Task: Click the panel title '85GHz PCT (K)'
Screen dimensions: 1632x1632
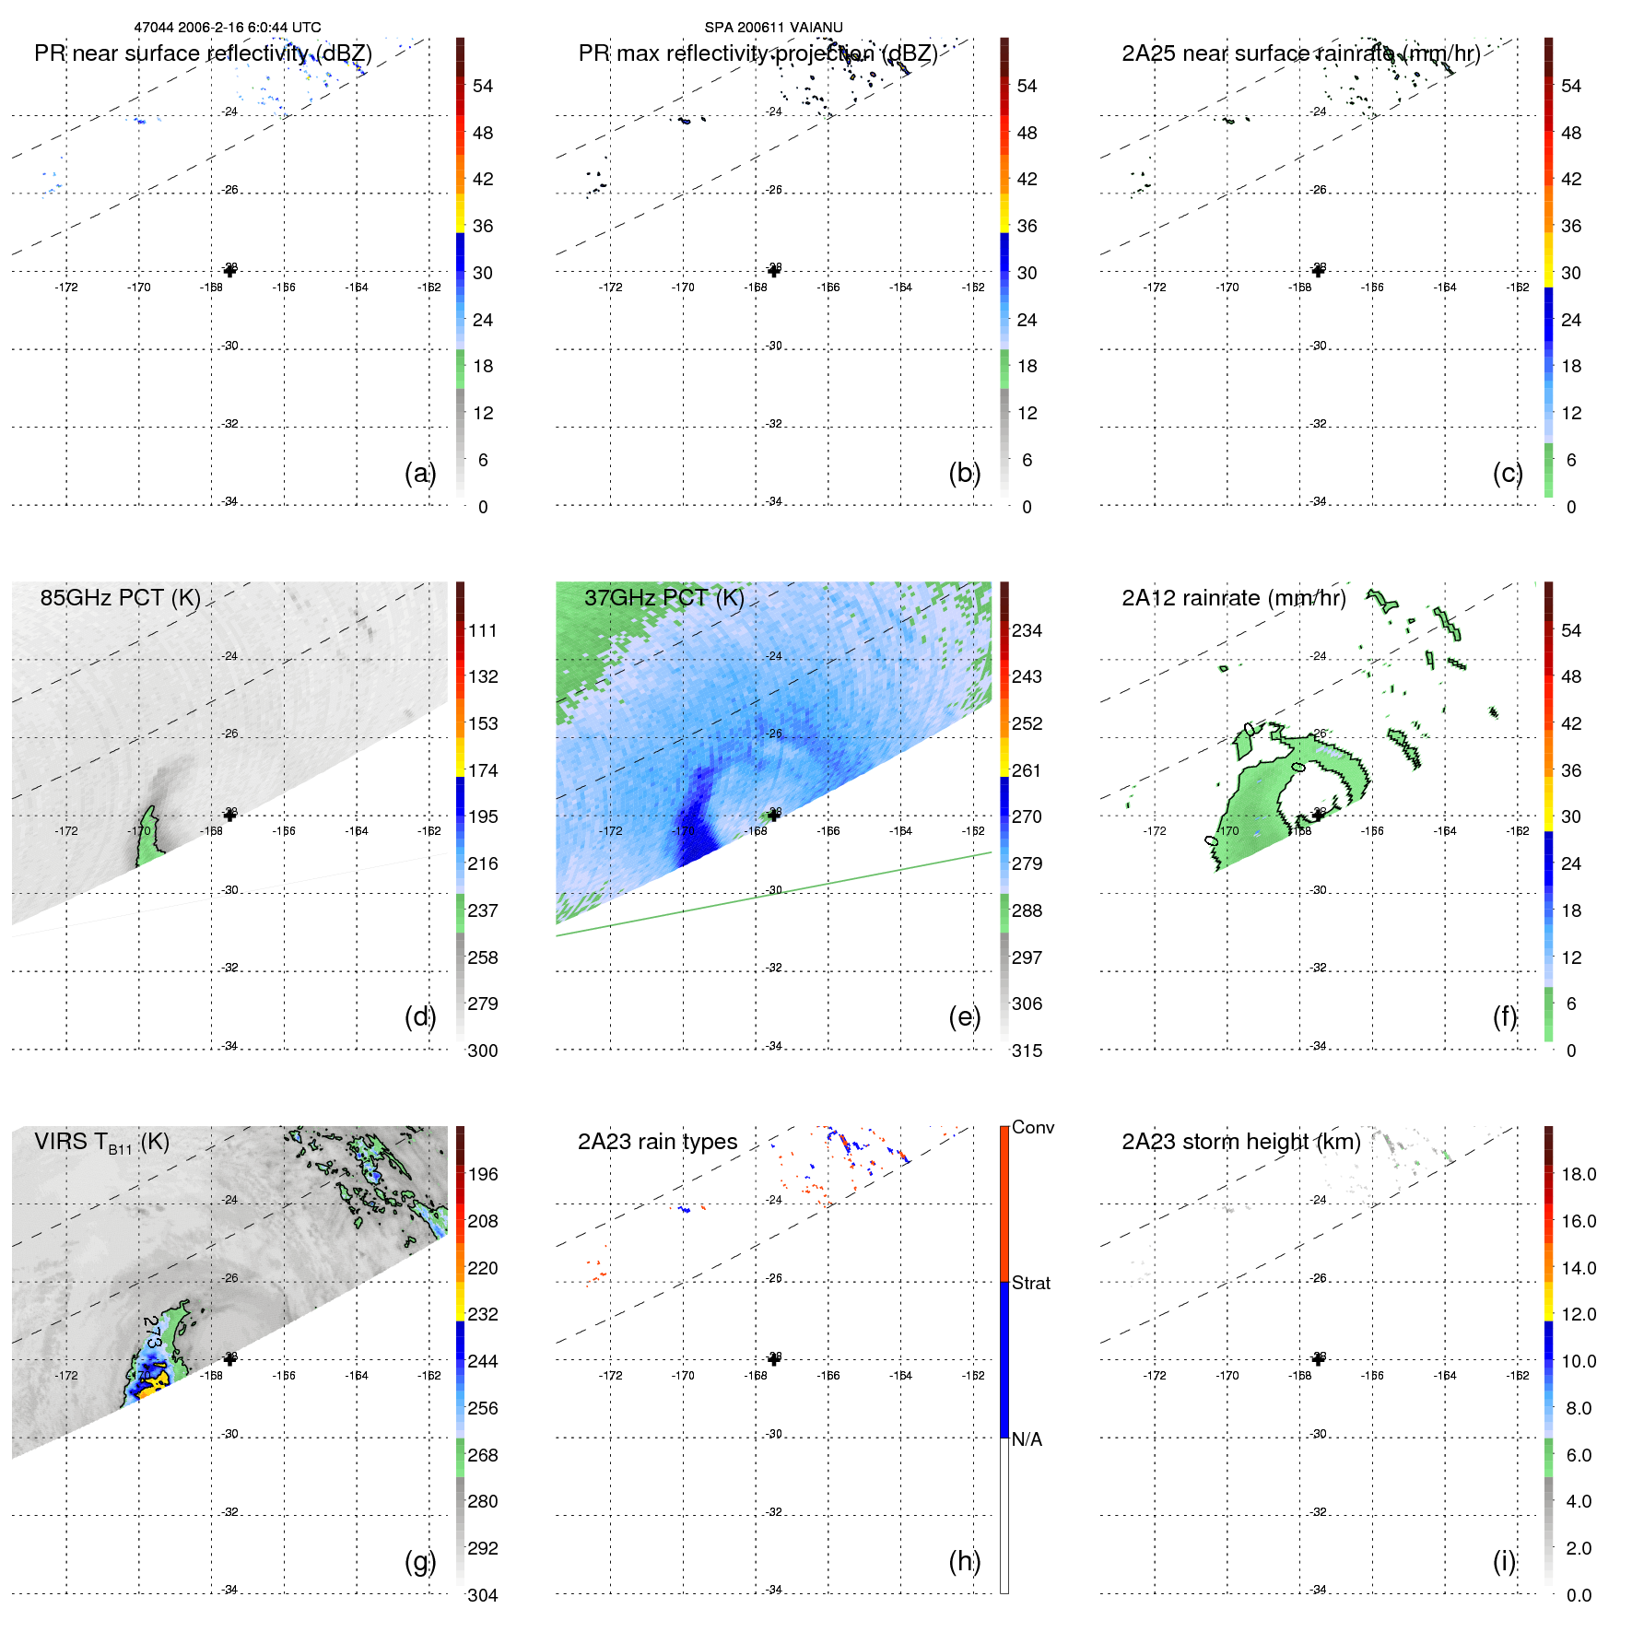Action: [120, 598]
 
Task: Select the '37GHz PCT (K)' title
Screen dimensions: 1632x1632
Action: [663, 598]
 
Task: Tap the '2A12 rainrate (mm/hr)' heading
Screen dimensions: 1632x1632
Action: [1234, 598]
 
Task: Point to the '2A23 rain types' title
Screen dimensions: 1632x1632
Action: [657, 1142]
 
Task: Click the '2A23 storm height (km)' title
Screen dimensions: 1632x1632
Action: [1240, 1142]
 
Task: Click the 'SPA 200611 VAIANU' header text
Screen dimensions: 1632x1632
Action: [773, 28]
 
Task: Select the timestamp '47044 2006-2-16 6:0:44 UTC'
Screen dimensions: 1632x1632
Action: [228, 28]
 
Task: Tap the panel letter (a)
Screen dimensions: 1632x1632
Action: [419, 473]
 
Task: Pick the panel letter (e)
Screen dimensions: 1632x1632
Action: [964, 1016]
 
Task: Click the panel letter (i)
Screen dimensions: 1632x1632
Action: [1504, 1561]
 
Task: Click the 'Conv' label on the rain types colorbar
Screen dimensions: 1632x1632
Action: [1032, 1127]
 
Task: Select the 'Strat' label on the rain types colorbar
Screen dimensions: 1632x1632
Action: [1030, 1283]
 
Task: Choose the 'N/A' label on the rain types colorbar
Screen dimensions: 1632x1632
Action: [1027, 1438]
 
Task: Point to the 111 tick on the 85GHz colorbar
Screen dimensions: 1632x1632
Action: [483, 630]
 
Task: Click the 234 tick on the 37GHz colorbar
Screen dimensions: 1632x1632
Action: [1027, 630]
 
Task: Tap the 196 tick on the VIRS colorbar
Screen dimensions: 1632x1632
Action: [483, 1174]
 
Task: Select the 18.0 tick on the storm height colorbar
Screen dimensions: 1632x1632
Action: [1578, 1174]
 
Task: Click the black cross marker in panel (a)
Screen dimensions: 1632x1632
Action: [229, 270]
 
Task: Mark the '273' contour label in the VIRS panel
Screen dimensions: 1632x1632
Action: [153, 1332]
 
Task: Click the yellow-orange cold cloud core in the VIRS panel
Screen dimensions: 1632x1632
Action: [155, 1381]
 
